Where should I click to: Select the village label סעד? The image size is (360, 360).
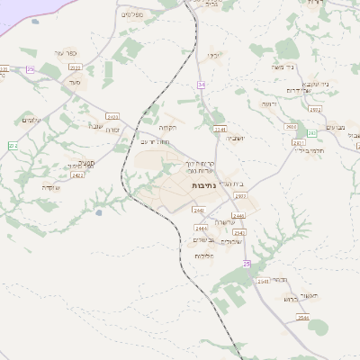(x=74, y=81)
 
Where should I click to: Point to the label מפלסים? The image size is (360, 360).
(x=132, y=13)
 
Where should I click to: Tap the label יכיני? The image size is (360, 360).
(x=213, y=56)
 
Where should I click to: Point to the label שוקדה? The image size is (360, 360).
(x=51, y=186)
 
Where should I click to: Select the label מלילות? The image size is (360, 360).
(x=203, y=256)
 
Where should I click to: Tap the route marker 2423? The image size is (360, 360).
(x=112, y=116)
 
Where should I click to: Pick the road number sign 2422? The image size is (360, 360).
(x=78, y=175)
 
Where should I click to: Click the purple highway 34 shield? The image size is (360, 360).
(x=202, y=85)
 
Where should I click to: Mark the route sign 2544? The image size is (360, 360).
(x=303, y=318)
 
